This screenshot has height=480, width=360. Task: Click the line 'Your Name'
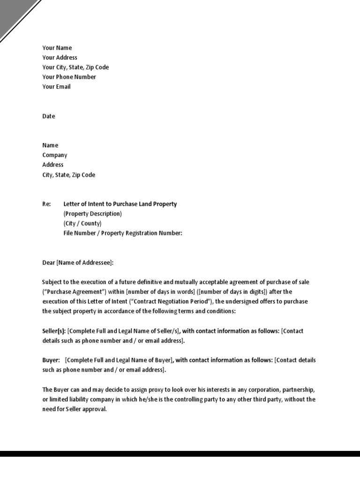(57, 48)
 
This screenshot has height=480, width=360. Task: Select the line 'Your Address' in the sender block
(60, 58)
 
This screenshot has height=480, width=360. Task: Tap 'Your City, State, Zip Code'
(75, 67)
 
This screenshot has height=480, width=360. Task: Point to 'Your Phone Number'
(69, 77)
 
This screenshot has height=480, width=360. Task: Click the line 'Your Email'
(56, 87)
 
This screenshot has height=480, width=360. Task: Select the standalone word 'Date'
(49, 116)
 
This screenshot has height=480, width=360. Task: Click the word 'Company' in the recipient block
(55, 155)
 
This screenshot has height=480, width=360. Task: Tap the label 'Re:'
(46, 204)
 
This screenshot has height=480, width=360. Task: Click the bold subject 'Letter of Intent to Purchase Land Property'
(120, 204)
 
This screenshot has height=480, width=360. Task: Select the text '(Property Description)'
(92, 214)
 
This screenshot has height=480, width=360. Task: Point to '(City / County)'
(82, 224)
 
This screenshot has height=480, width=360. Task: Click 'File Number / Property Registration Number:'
(122, 233)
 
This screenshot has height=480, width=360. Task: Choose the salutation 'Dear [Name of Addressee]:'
(78, 263)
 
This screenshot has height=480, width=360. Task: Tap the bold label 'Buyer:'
(51, 360)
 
